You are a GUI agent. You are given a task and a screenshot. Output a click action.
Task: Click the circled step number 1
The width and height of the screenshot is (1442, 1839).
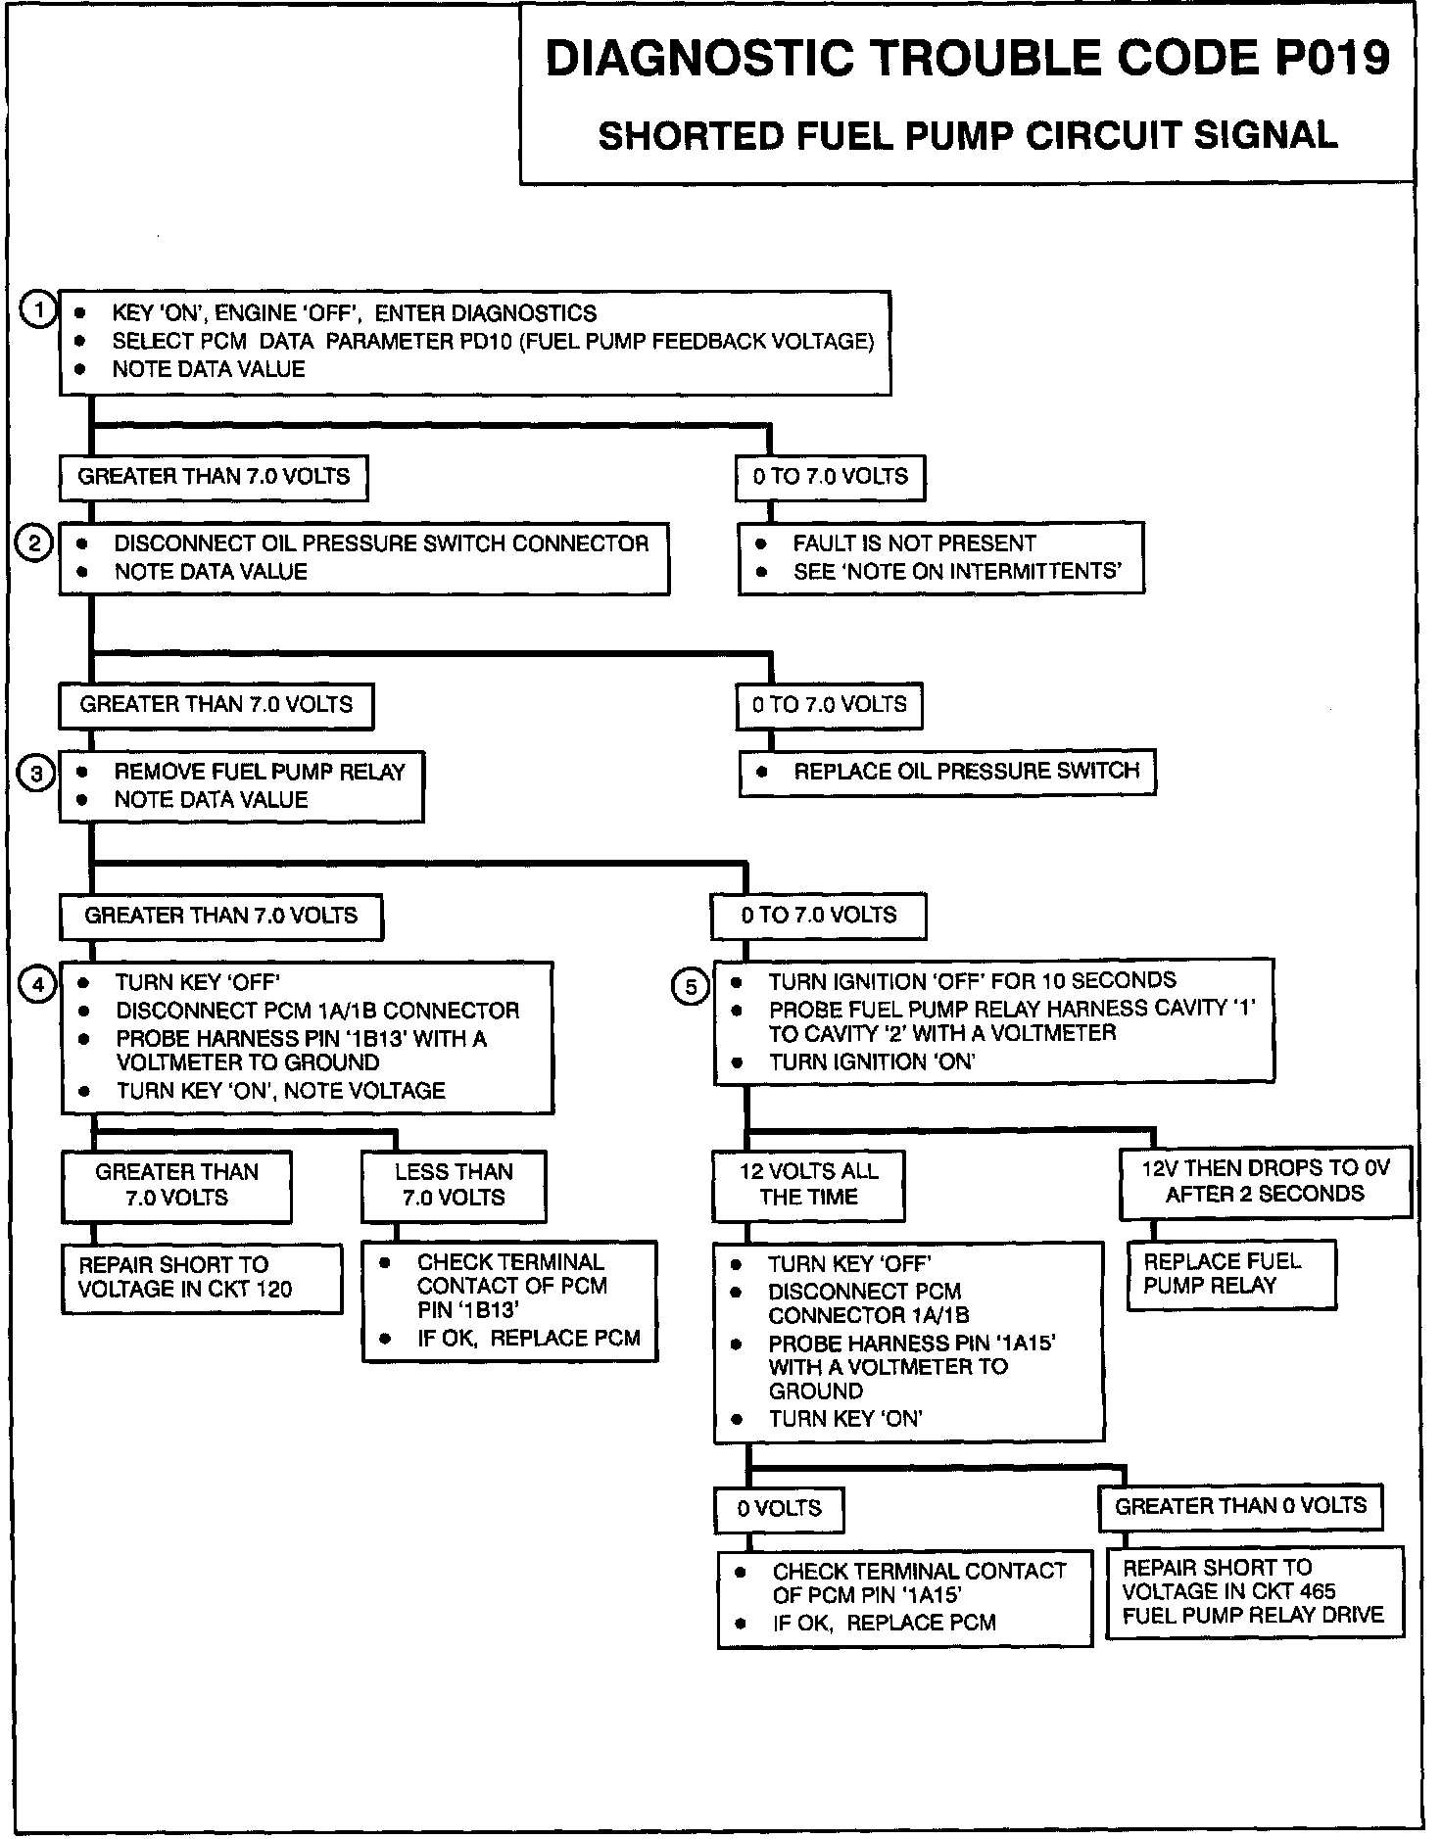tap(38, 311)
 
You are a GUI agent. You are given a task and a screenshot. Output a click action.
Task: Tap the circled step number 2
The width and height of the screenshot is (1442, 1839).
tap(34, 542)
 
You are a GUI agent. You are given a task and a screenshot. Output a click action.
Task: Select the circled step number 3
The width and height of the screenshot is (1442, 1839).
tap(36, 774)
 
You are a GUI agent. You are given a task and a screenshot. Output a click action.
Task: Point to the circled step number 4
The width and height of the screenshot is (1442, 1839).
tap(38, 984)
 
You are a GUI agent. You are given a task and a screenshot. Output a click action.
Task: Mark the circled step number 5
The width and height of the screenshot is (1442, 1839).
tap(691, 987)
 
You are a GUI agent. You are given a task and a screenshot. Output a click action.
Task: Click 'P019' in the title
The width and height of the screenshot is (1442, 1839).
tap(1332, 59)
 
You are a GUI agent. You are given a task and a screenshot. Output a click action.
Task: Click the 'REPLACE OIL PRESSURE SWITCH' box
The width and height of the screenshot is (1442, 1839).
tap(947, 772)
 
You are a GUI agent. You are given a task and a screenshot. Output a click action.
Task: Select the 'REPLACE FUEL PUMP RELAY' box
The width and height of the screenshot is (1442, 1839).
tap(1231, 1274)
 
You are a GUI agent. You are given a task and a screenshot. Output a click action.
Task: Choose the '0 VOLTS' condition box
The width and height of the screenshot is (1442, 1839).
tap(779, 1508)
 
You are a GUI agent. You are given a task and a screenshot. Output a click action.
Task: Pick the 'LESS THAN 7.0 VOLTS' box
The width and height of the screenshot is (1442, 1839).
tap(454, 1185)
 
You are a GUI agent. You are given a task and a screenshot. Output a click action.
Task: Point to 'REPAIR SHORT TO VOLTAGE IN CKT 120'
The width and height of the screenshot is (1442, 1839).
tap(202, 1277)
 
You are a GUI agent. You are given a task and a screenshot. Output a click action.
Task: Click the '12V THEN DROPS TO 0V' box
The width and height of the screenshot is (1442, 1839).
tap(1265, 1181)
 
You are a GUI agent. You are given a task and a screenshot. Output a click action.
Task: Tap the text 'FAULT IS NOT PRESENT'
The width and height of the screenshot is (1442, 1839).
tap(914, 543)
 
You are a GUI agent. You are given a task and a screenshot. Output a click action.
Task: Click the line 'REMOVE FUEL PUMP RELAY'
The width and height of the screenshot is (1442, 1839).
tap(260, 772)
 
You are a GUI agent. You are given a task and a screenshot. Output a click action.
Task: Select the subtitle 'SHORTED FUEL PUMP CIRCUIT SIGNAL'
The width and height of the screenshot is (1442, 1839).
tap(967, 135)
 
